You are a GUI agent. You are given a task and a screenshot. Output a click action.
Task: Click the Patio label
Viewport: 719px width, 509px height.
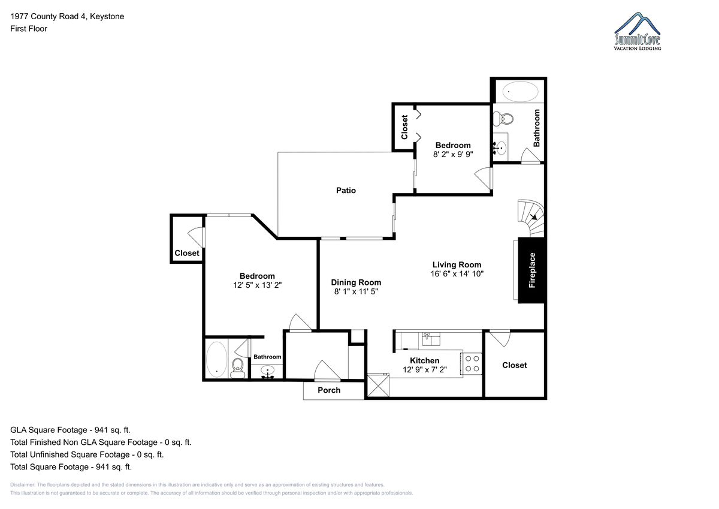click(346, 191)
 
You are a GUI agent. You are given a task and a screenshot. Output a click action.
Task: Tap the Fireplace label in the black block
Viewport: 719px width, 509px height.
click(532, 270)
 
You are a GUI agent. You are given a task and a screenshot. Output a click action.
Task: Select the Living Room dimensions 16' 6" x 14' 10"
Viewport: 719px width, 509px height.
click(457, 273)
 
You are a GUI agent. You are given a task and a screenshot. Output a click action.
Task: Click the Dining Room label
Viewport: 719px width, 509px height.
click(356, 282)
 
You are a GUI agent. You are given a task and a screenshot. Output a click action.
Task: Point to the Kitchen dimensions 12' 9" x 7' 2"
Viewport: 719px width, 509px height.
click(425, 370)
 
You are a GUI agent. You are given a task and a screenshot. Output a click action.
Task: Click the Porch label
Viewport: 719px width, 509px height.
click(329, 390)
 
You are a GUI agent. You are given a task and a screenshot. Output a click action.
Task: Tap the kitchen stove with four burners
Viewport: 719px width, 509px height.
click(472, 363)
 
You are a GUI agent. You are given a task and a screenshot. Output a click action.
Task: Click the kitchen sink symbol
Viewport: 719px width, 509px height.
click(431, 339)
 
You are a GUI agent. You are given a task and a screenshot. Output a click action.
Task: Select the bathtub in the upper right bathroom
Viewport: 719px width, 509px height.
click(520, 92)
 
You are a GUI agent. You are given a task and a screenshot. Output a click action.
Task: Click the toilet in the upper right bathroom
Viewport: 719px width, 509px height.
click(503, 119)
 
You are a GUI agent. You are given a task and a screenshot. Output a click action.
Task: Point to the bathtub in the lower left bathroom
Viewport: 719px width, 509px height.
click(217, 359)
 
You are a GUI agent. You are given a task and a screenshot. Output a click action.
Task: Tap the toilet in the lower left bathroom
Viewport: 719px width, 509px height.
click(237, 368)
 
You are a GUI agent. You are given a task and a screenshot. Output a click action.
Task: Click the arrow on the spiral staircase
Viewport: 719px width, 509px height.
click(533, 217)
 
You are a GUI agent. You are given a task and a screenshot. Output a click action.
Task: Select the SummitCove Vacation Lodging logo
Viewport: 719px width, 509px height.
click(637, 31)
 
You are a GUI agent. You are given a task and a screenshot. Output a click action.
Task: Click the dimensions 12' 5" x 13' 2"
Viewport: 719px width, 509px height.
click(257, 285)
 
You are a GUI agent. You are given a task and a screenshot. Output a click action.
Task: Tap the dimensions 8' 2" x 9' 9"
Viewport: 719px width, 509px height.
click(453, 155)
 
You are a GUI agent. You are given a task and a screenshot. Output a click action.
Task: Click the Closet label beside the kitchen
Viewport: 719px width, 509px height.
click(514, 365)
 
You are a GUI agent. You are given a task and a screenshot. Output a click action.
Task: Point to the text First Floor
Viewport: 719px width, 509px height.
click(29, 29)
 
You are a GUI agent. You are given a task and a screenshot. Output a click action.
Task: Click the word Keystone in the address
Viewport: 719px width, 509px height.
click(107, 16)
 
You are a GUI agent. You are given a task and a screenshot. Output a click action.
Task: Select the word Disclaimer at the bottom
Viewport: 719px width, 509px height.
click(23, 485)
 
